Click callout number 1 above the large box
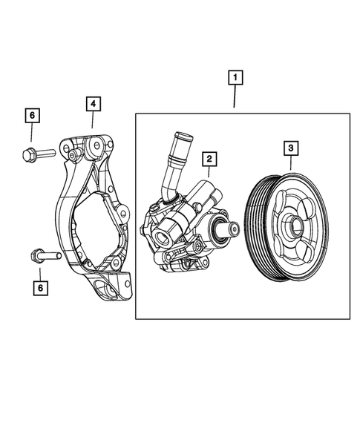click(x=235, y=77)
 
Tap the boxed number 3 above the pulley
click(x=290, y=149)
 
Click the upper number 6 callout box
click(x=32, y=116)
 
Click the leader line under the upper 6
click(x=32, y=133)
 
